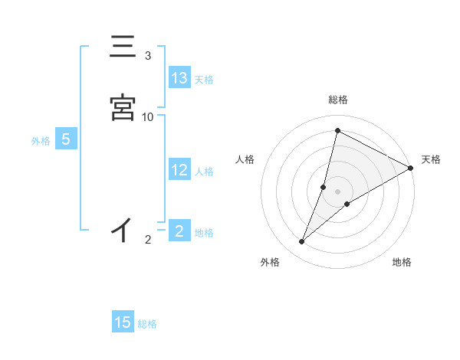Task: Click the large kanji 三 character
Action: [123, 47]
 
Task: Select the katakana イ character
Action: [122, 229]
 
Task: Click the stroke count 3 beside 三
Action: [148, 55]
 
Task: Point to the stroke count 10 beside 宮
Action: [148, 116]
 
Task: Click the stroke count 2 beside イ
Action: [148, 240]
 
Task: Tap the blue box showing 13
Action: [179, 78]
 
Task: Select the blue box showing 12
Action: [179, 170]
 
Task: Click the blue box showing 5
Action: [66, 139]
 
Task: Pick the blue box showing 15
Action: [123, 322]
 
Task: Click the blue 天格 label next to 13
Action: [204, 80]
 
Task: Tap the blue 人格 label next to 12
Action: [204, 172]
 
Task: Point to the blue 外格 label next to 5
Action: [41, 141]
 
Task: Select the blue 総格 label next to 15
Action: [147, 324]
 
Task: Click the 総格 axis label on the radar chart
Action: [337, 100]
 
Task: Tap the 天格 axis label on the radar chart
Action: [431, 159]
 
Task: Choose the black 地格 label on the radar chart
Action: [402, 262]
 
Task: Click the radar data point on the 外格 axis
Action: [302, 242]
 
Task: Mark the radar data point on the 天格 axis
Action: [411, 168]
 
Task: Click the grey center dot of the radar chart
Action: [337, 191]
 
